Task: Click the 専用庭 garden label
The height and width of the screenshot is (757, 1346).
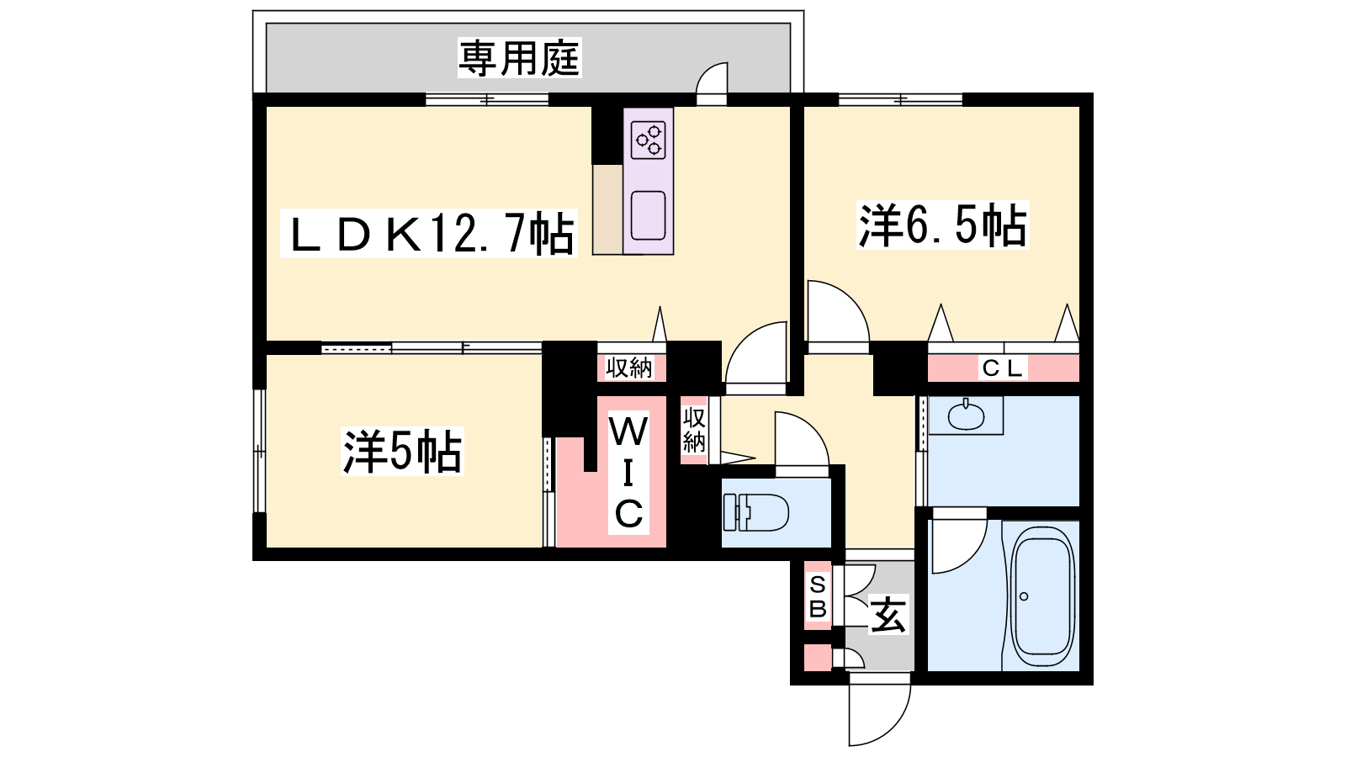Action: coord(519,58)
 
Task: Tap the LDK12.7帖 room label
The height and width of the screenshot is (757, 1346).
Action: coord(429,234)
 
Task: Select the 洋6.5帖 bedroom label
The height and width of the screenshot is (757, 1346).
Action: coord(942,225)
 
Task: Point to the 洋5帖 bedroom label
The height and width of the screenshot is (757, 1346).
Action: coord(402,451)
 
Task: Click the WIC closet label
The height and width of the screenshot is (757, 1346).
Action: coord(628,472)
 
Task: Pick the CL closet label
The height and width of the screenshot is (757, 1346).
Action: coord(1002,368)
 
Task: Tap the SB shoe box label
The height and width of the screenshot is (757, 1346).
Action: coord(818,596)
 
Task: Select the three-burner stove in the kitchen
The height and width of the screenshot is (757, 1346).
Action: coord(649,140)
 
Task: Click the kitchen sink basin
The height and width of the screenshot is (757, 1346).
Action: coord(649,215)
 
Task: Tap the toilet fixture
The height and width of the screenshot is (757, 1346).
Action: coord(755,512)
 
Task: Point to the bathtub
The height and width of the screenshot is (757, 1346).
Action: coord(1042,601)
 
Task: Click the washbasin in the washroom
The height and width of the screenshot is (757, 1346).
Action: coord(965,416)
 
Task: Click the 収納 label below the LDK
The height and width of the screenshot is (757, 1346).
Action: coord(628,367)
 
